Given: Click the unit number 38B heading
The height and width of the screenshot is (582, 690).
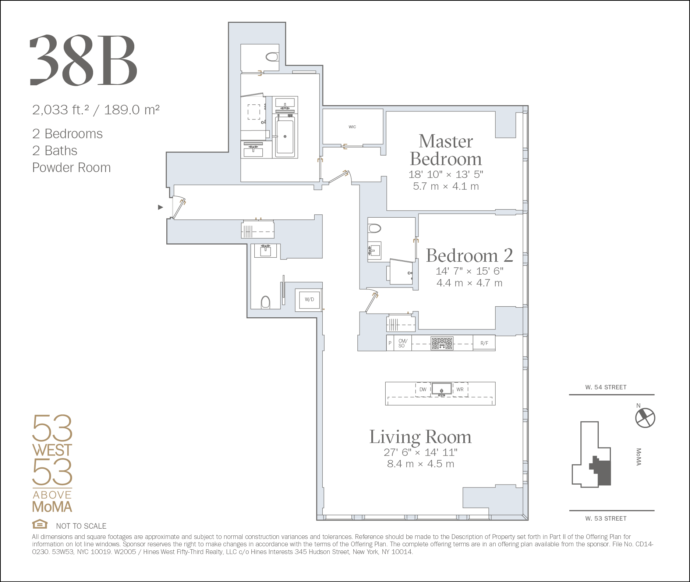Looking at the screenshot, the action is [x=84, y=60].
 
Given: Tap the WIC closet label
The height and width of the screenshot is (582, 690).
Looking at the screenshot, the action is [x=352, y=127].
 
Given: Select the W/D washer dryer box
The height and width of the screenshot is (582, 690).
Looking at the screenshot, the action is [x=309, y=300].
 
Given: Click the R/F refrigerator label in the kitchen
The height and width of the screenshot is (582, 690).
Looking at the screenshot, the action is [x=484, y=343].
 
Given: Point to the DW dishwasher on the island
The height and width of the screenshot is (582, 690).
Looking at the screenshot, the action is [x=423, y=389].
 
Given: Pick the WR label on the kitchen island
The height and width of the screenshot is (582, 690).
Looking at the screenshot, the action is [x=460, y=389].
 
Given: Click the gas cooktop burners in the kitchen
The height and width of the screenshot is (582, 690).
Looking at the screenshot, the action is [x=442, y=343].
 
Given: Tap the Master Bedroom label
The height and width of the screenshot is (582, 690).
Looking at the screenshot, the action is [x=446, y=150].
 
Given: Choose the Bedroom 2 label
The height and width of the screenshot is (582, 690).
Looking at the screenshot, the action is [x=470, y=256].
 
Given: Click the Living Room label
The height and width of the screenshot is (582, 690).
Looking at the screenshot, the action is [x=420, y=437].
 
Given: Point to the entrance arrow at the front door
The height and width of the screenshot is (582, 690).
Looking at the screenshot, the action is [x=160, y=207].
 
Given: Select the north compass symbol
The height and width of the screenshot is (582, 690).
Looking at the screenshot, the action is [x=645, y=418].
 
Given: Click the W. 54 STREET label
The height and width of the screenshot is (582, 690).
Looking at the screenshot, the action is [x=606, y=387].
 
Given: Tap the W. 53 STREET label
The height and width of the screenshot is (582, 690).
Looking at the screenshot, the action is [x=606, y=518].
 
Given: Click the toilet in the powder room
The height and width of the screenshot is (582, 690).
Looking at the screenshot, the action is [x=265, y=302].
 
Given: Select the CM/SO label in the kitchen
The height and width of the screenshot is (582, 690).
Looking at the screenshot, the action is [x=403, y=343].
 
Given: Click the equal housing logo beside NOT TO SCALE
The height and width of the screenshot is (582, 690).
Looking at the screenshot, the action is [x=40, y=524].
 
